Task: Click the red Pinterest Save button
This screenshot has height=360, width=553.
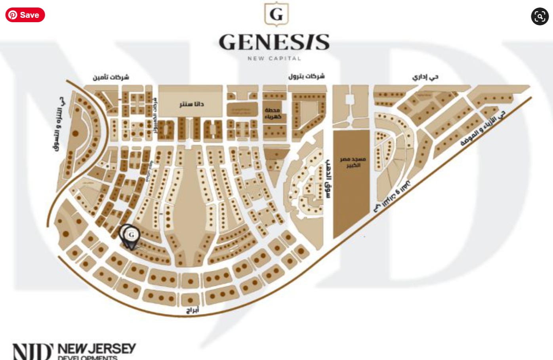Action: tap(25, 15)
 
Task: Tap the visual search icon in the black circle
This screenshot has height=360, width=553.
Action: tap(540, 16)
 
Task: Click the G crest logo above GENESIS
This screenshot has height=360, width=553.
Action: tap(276, 14)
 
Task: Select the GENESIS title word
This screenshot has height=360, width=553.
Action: tap(274, 42)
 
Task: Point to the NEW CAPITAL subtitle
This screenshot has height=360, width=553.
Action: tap(274, 58)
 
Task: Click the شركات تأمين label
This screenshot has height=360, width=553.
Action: tap(111, 77)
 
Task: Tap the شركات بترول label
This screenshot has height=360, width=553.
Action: tap(306, 76)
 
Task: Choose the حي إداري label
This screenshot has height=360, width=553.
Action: tap(425, 77)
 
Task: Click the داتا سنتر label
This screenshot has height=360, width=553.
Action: tap(191, 104)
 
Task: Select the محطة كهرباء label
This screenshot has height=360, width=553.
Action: tap(273, 113)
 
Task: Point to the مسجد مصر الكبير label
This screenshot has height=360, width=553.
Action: tap(353, 162)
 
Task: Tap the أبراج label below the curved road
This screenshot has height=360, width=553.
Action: tap(193, 310)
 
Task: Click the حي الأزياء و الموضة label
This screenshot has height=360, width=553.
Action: tap(483, 128)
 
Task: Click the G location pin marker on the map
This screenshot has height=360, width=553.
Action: tap(131, 235)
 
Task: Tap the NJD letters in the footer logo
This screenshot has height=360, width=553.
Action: tap(32, 352)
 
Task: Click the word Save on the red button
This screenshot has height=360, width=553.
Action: tap(30, 15)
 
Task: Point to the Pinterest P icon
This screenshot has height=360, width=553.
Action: tap(13, 15)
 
